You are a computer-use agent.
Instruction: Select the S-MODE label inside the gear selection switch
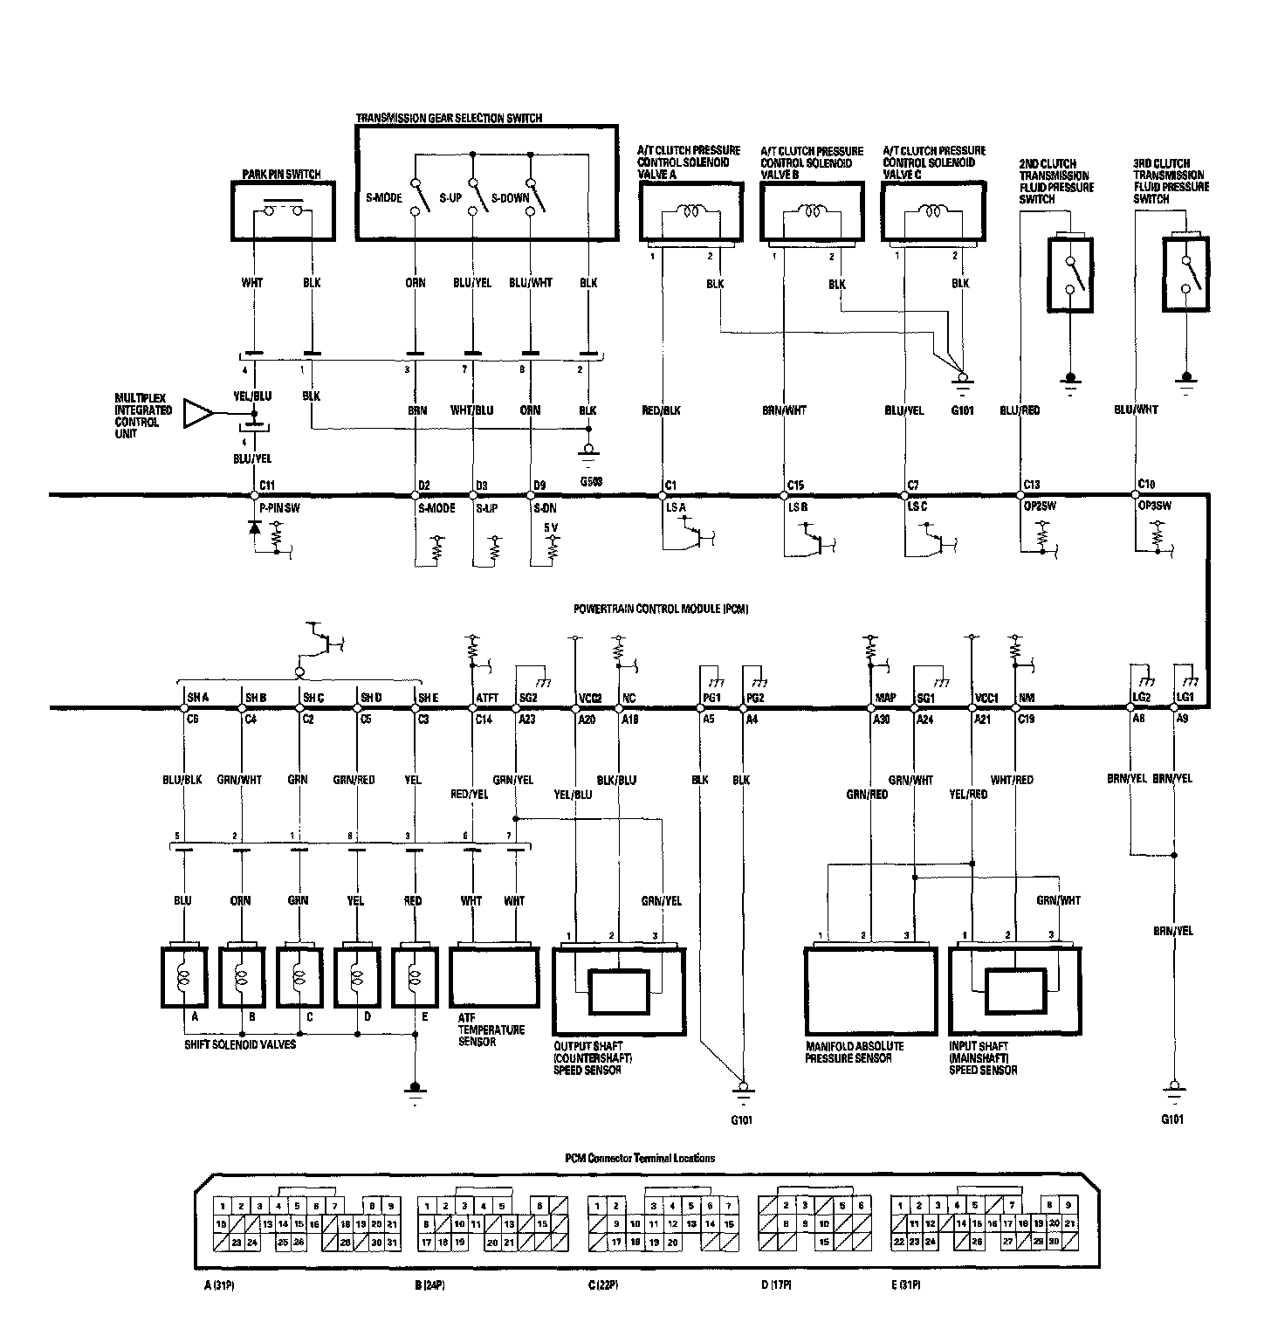click(384, 198)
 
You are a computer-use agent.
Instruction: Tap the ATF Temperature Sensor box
click(495, 976)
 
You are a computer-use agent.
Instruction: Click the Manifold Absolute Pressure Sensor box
click(870, 989)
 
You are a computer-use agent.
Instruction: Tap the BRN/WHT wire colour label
click(784, 410)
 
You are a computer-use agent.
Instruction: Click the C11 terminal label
click(268, 486)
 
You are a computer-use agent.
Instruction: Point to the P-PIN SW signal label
click(280, 508)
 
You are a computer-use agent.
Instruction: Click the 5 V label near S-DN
click(551, 528)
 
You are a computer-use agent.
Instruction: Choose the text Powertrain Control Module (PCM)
click(662, 608)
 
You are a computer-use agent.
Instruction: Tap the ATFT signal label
click(487, 698)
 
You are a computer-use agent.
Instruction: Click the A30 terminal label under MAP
click(881, 720)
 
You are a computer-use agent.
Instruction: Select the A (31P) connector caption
click(214, 1284)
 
